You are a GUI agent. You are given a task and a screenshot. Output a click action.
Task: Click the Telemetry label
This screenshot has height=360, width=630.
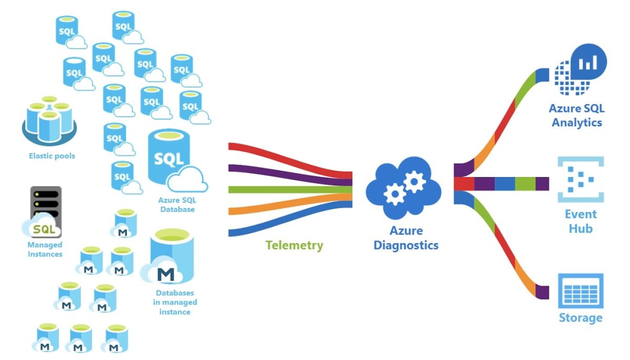pos(294,245)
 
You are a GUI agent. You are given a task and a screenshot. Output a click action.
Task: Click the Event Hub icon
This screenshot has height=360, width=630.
pos(580,179)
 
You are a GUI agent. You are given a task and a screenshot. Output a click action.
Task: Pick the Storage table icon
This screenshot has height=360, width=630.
pos(580,291)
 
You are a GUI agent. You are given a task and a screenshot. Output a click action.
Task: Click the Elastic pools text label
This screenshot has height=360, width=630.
pos(52,156)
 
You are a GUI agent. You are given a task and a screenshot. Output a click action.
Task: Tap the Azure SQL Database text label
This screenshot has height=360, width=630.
pos(176,205)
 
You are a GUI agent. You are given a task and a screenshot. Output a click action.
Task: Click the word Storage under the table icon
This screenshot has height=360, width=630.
pos(580,318)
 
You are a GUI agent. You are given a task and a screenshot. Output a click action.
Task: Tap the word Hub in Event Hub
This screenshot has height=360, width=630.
pos(580,229)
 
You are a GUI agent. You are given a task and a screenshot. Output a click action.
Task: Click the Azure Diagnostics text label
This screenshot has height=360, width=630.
pos(406,238)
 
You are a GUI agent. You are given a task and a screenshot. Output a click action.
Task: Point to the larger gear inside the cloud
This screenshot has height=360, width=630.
pos(414,181)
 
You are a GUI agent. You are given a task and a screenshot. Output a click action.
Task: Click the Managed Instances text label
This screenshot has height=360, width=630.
pos(45,249)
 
